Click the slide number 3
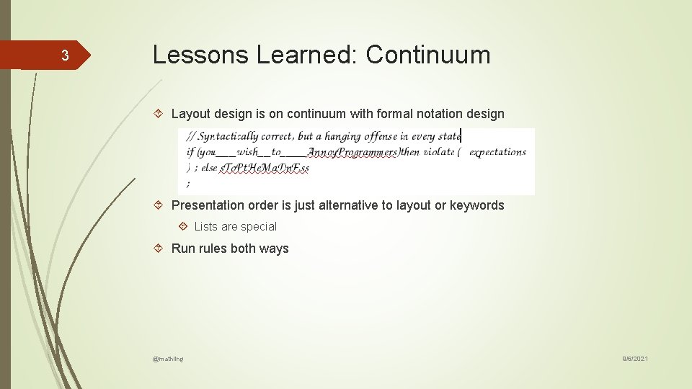[x=64, y=56]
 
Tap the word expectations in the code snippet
[x=497, y=152]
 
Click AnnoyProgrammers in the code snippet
[x=352, y=152]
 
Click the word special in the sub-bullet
[x=258, y=227]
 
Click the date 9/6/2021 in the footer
[x=635, y=358]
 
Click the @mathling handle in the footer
[x=168, y=358]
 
